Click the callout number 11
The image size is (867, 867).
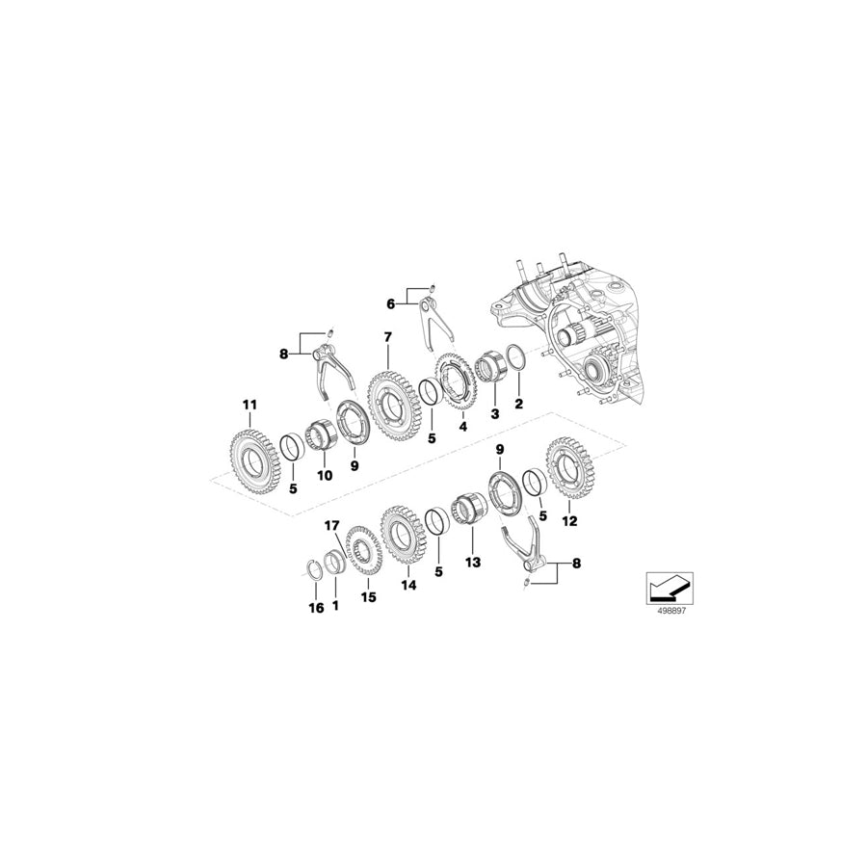click(x=250, y=407)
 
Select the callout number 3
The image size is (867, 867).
click(x=495, y=413)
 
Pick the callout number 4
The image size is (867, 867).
click(x=462, y=427)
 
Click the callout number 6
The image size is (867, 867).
click(x=391, y=303)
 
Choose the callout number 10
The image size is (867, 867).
click(x=324, y=475)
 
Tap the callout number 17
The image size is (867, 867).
click(x=331, y=525)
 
